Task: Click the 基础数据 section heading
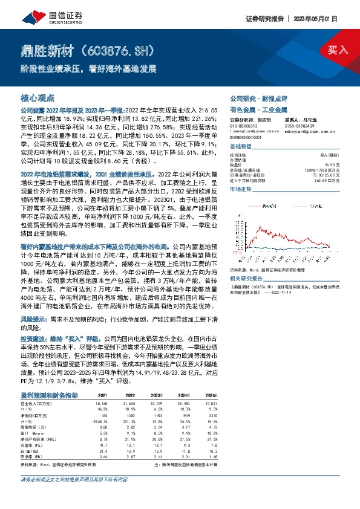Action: [241, 147]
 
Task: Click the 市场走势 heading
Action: [241, 189]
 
